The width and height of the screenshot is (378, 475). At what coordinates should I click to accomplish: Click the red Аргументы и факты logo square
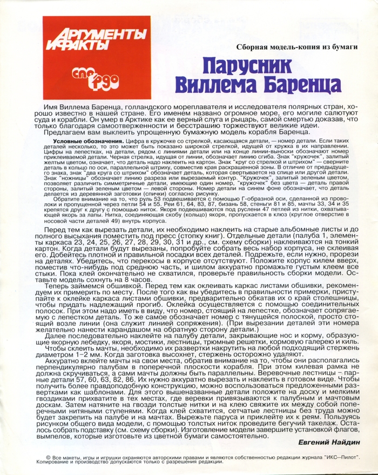coord(97,58)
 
